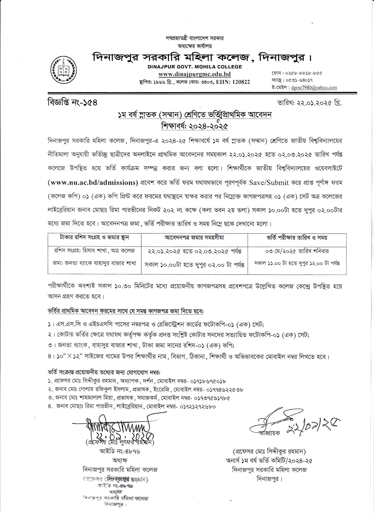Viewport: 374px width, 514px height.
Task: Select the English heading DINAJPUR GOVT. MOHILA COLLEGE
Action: tap(194, 67)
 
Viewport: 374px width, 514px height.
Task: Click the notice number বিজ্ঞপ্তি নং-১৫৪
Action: tap(73, 103)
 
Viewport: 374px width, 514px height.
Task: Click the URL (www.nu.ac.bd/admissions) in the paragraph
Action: tap(93, 182)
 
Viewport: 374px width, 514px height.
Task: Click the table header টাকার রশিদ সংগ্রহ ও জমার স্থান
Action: tap(94, 237)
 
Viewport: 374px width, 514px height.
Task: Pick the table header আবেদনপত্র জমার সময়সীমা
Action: tap(194, 238)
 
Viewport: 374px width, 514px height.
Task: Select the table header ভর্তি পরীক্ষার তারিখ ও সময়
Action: tap(297, 238)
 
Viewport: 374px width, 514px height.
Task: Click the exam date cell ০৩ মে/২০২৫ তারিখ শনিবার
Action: tap(297, 251)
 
